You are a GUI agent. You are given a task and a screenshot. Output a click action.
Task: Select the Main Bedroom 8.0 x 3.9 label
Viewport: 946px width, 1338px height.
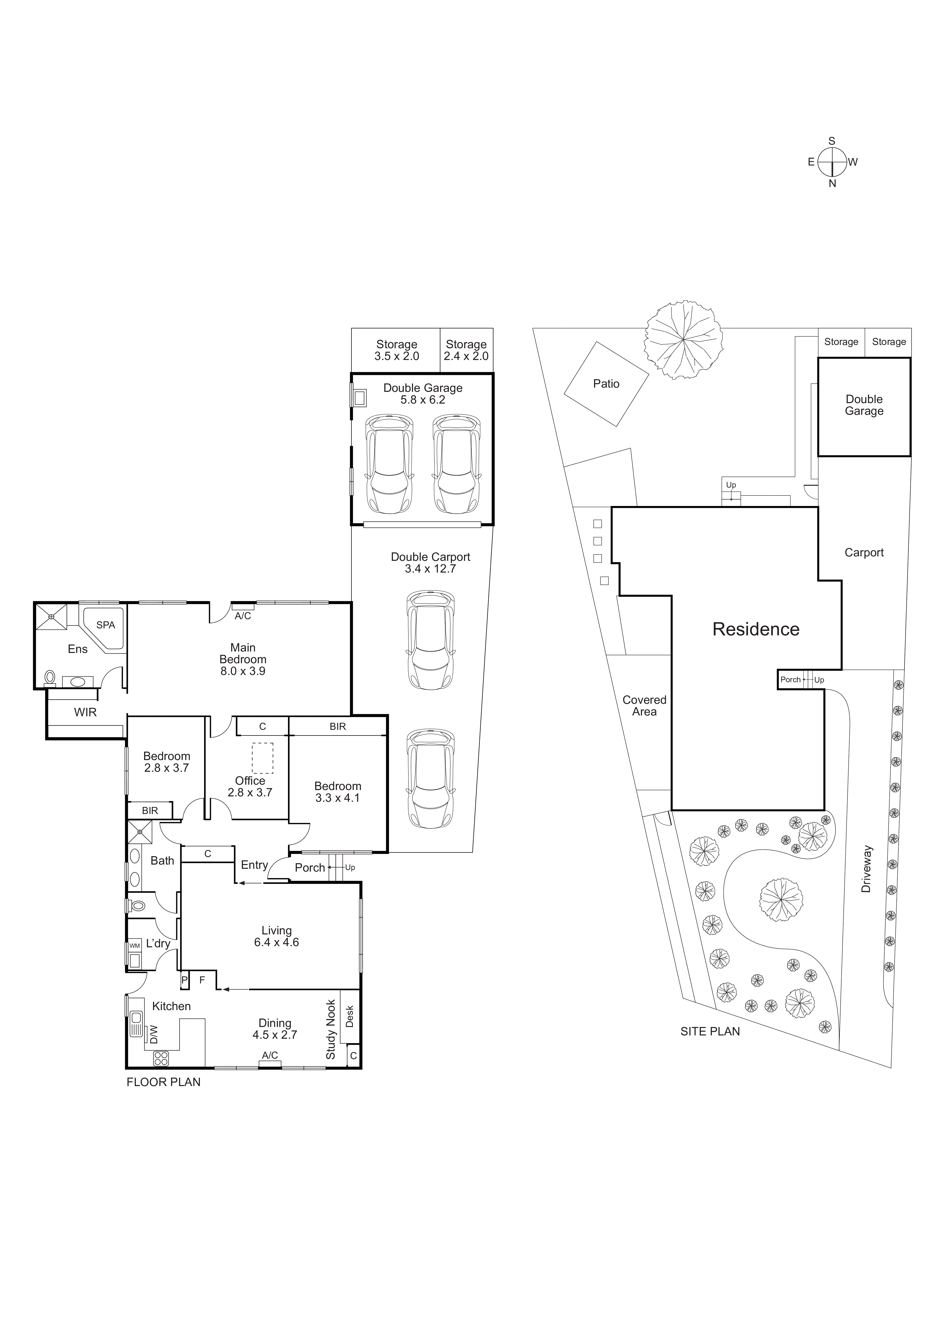(243, 659)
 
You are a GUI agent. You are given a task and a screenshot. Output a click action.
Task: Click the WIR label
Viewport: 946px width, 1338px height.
(85, 712)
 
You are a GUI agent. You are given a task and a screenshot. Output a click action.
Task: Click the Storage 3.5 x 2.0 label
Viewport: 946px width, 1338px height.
(397, 350)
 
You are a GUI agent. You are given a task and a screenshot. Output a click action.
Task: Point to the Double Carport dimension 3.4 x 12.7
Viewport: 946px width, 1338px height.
(430, 569)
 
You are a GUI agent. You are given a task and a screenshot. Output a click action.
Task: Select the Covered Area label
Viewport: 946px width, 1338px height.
(644, 706)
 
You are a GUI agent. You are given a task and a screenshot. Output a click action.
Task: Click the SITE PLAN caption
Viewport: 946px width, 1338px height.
(710, 1031)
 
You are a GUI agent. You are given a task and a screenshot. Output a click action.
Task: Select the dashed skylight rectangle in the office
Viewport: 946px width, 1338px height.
(262, 757)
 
